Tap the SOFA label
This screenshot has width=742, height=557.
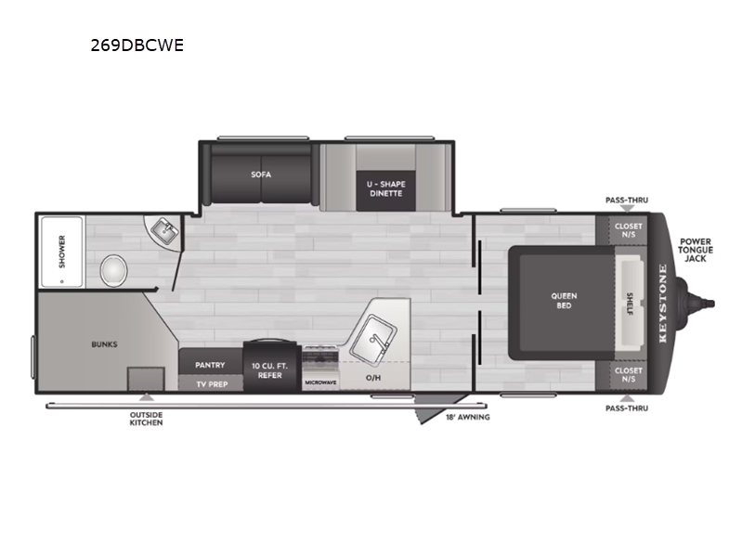click(260, 175)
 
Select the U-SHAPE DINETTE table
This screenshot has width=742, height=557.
click(384, 189)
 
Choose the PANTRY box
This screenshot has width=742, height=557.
click(210, 365)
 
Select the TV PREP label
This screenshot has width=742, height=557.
click(210, 382)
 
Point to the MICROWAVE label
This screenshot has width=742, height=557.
click(319, 382)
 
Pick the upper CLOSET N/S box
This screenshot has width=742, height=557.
click(629, 231)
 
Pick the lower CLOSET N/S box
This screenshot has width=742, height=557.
click(629, 375)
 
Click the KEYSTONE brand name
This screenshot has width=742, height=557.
click(663, 304)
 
